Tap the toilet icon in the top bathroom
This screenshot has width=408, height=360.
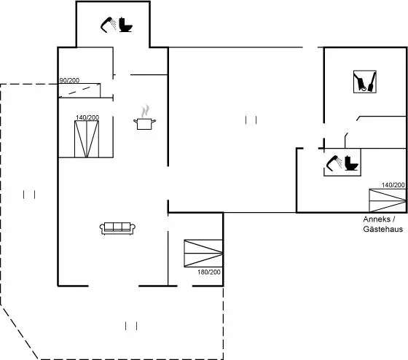pos(125,25)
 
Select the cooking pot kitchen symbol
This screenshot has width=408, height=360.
pos(144,124)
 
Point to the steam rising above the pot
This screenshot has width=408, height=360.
pos(145,111)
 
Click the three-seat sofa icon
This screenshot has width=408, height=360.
pos(117,229)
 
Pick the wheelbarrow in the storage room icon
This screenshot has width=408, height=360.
pos(360,82)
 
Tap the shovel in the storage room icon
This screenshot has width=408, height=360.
pos(372,82)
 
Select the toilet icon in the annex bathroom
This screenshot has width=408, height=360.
pos(351,163)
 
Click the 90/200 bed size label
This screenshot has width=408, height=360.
pos(69,80)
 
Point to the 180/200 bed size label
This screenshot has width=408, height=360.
pos(209,273)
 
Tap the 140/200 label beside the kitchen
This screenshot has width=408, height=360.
pos(87,117)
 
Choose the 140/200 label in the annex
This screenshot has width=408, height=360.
pos(393,185)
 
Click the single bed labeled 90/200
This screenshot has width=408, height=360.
pos(79,90)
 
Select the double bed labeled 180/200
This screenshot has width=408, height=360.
pos(203,254)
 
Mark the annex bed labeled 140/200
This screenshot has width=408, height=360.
pos(388,200)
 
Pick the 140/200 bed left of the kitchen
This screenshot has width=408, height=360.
pos(87,139)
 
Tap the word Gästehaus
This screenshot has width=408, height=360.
pos(383,229)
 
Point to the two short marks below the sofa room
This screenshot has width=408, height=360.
pos(131,326)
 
